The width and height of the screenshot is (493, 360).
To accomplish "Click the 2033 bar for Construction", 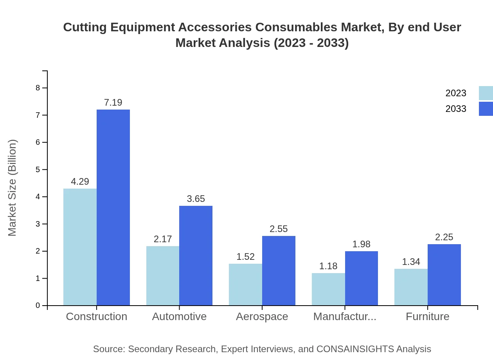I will pos(113,207).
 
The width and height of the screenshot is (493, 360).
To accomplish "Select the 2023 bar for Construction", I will pos(80,247).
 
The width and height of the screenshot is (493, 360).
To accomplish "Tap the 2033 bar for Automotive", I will pos(196,256).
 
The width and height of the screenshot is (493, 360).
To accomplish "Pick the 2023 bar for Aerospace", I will pos(245,284).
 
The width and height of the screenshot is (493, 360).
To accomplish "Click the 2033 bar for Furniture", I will pos(444,275).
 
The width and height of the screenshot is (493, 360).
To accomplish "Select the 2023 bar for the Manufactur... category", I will pos(328,289).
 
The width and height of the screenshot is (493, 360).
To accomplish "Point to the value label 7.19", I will pos(113,103).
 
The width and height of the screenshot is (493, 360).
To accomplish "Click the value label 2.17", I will pos(163,239).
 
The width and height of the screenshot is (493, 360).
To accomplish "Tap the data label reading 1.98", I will pos(361,244).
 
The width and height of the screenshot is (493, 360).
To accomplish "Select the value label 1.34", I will pos(411,262).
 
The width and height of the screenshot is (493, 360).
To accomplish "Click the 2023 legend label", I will pos(455,93).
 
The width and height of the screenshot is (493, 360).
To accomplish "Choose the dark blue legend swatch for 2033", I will pos(486,109).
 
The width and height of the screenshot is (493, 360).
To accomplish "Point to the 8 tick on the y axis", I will pos(38,88).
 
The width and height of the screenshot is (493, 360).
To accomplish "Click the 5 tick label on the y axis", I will pos(38,169).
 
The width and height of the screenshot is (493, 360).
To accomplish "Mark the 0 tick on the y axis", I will pos(38,306).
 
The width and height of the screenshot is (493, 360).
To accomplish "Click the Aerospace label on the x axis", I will pos(262,317).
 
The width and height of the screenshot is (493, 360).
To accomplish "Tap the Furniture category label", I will pos(427,317).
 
